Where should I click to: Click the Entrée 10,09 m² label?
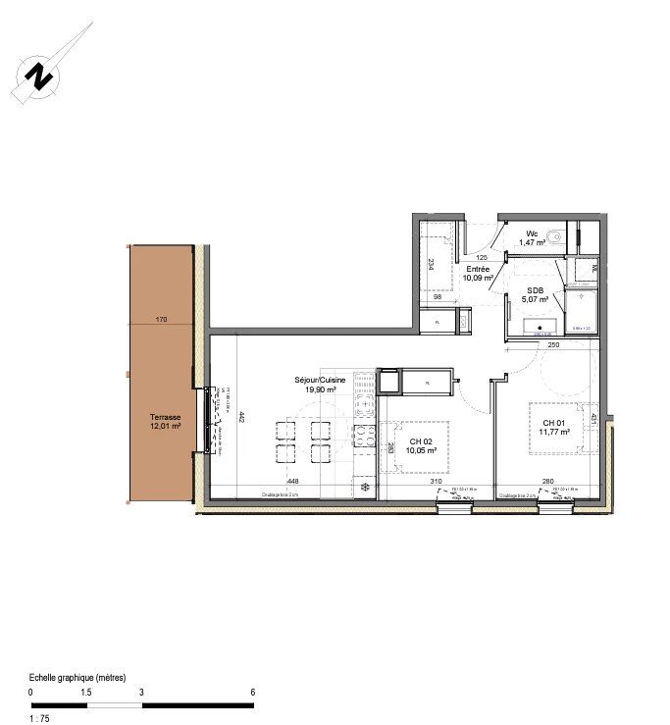pos(478,273)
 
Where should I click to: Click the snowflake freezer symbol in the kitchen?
pos(364,487)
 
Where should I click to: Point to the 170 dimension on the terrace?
pos(162,319)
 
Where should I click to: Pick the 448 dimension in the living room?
pos(292,481)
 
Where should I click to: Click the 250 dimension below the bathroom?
pos(553,344)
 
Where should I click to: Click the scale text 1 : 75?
pos(39,719)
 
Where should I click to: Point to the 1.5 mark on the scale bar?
pos(85,692)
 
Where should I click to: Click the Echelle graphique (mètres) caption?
pos(77,678)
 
